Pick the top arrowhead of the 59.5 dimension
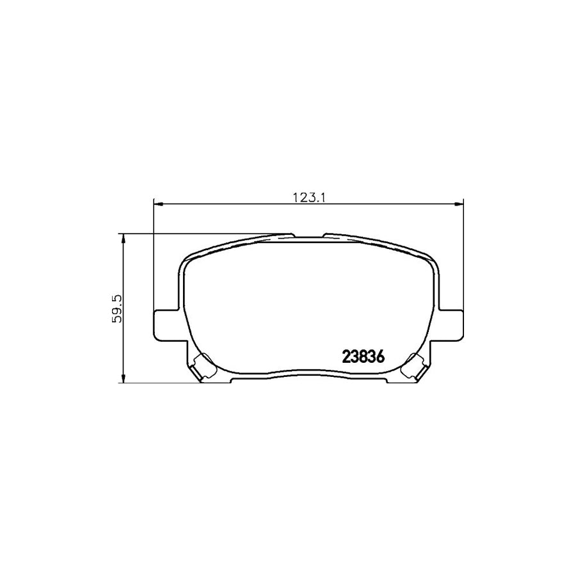(123, 237)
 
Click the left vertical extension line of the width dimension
(154, 256)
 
